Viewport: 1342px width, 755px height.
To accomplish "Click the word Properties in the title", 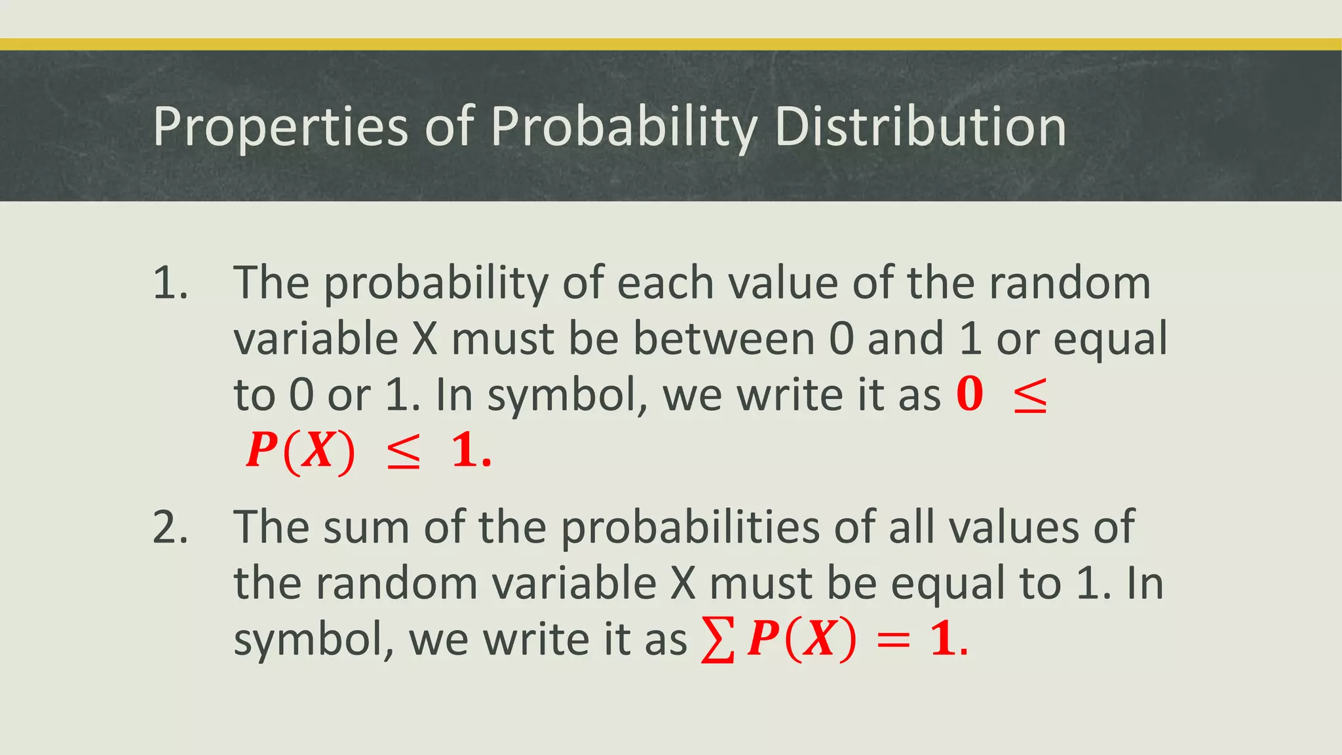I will [280, 126].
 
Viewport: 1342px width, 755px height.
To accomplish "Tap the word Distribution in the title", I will [920, 126].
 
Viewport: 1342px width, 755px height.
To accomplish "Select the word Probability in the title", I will [623, 126].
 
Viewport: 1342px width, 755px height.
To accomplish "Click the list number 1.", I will [170, 284].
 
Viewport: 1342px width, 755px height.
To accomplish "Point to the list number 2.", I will [170, 528].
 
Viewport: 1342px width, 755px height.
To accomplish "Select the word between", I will [723, 339].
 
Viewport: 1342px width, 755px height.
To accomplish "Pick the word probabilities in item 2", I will [689, 528].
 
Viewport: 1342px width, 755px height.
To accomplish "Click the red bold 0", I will [970, 395].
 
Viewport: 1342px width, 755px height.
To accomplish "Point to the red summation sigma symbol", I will [718, 640].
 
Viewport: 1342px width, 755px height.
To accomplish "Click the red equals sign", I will [893, 641].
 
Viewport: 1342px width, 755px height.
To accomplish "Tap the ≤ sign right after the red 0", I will [1030, 397].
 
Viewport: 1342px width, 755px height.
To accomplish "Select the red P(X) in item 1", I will [300, 452].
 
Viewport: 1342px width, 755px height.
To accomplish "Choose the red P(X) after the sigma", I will [801, 640].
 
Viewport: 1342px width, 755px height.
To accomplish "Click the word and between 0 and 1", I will [905, 339].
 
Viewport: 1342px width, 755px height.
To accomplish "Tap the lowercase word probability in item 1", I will [436, 284].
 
